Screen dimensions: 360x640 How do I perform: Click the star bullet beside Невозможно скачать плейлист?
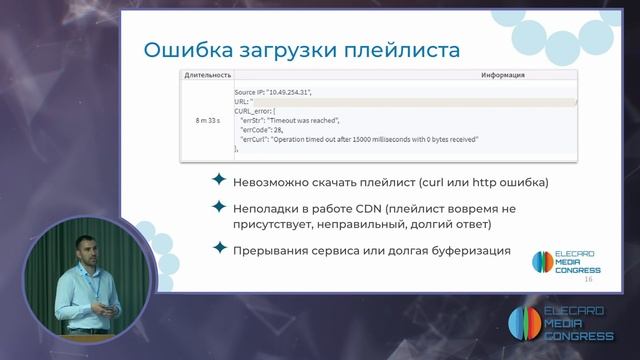point(219,180)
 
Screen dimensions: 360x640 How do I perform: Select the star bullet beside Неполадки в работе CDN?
point(219,206)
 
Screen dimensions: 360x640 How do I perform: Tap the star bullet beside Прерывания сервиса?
point(219,249)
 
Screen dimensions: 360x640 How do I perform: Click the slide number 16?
point(588,280)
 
